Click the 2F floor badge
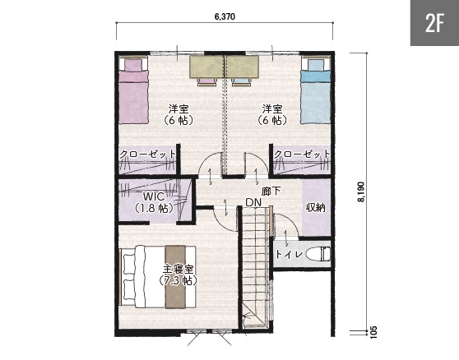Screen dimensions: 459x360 (434, 23)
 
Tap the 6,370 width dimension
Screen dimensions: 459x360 (225, 16)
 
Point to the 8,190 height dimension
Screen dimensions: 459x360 (361, 192)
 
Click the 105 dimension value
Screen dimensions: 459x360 (373, 332)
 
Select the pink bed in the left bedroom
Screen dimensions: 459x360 (133, 91)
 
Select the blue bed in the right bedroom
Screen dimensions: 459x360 (316, 91)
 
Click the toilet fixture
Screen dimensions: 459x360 (318, 253)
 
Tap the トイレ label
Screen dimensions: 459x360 (290, 254)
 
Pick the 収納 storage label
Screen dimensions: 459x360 (316, 207)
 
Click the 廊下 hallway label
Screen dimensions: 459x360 (271, 192)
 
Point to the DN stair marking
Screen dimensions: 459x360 (253, 202)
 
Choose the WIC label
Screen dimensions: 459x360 (154, 196)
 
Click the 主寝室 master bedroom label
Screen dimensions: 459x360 (178, 269)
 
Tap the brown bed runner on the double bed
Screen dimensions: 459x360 (175, 277)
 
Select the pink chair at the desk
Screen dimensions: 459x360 (207, 82)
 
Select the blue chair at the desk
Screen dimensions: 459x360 (242, 82)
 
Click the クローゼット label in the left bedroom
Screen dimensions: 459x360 (148, 155)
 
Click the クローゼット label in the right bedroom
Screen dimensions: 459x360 (302, 155)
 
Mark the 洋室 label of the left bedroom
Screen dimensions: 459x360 (178, 109)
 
